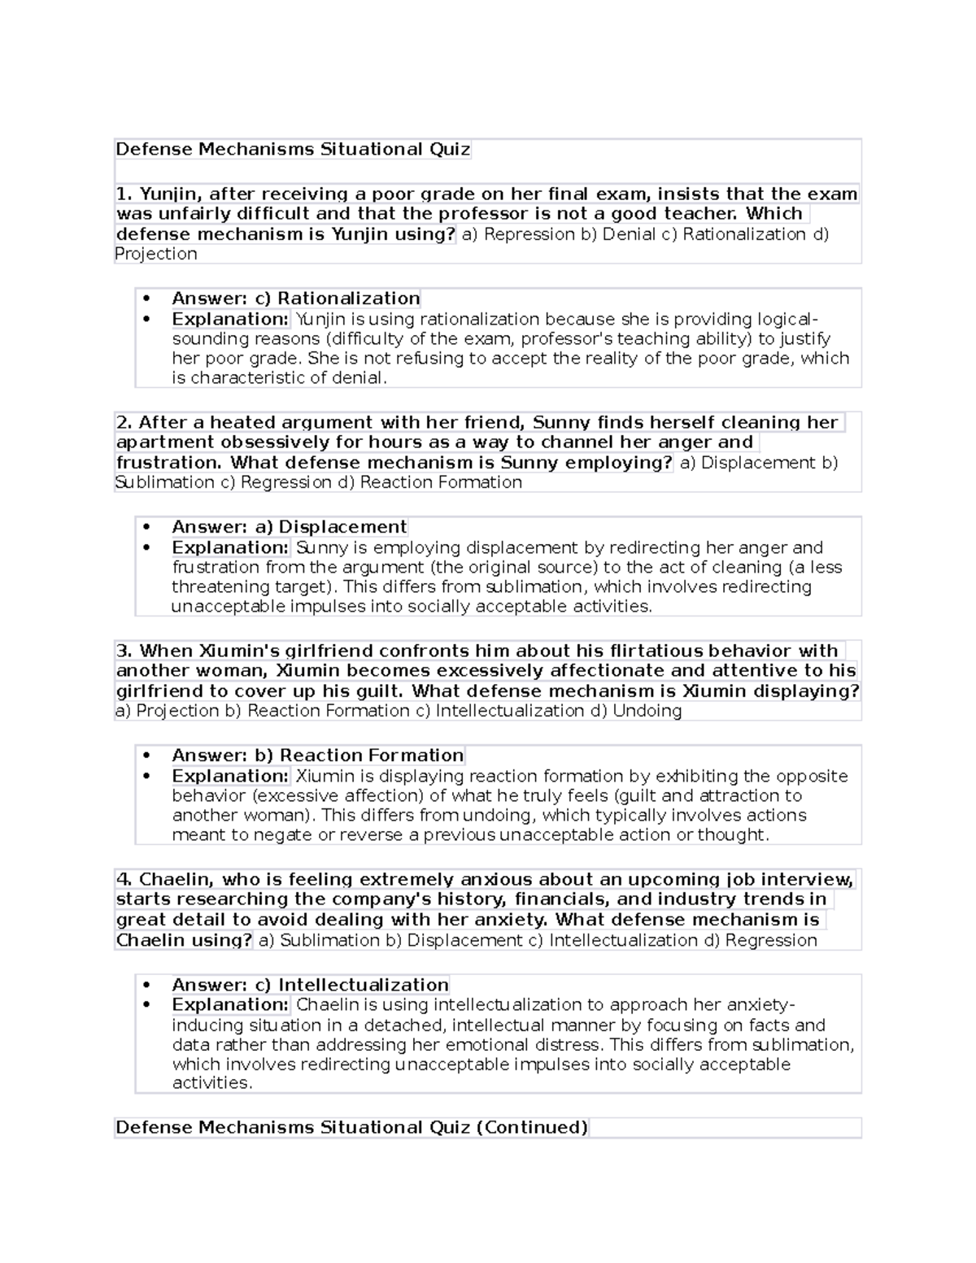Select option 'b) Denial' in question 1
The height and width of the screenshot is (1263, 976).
pos(623,234)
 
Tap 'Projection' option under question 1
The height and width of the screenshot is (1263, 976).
pos(156,254)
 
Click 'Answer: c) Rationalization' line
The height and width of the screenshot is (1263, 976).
pos(295,298)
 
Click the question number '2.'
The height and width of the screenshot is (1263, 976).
pos(124,423)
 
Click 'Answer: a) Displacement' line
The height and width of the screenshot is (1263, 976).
pos(289,527)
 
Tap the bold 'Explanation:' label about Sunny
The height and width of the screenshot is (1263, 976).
pos(230,547)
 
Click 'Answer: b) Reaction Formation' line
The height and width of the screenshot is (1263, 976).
pos(317,756)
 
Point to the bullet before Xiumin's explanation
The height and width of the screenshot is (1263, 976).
pos(146,777)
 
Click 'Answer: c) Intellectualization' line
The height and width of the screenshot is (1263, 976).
pos(310,985)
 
